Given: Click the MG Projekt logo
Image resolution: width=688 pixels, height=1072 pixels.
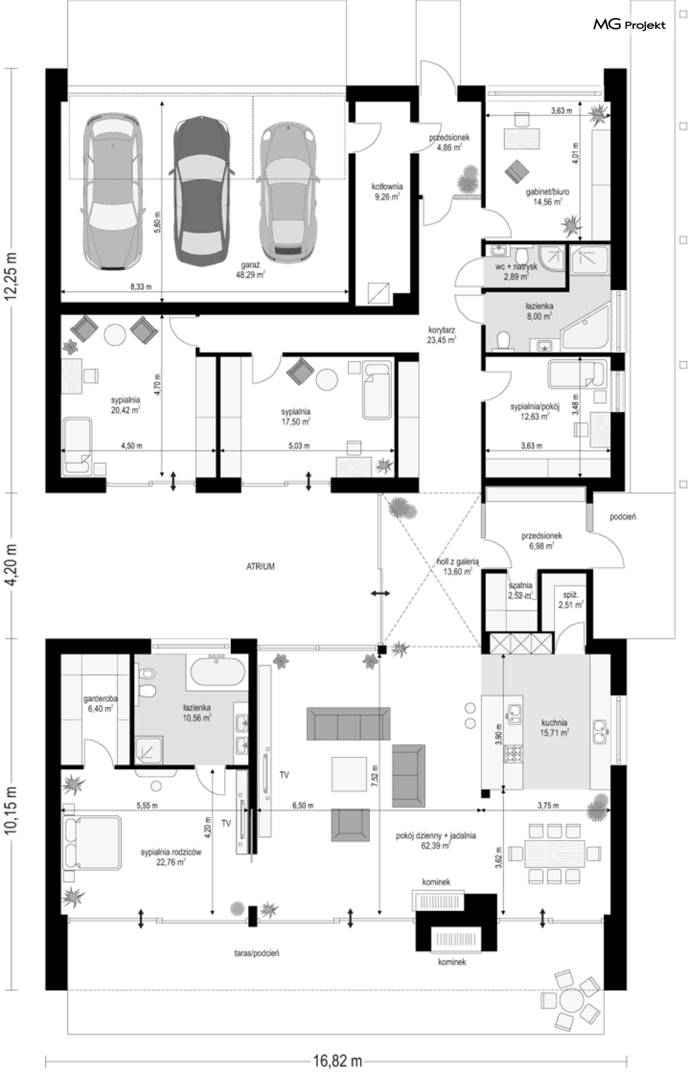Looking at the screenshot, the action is [x=629, y=24].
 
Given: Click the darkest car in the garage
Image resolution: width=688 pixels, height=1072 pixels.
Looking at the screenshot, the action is [x=201, y=190].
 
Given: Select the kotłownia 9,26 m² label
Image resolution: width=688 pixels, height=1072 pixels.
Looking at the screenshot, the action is [x=387, y=191].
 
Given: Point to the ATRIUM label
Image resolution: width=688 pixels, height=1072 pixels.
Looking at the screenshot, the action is [x=261, y=567].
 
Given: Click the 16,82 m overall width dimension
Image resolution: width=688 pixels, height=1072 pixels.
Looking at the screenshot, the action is [x=337, y=1061].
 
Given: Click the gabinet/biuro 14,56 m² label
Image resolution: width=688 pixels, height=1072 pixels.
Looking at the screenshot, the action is [x=547, y=197].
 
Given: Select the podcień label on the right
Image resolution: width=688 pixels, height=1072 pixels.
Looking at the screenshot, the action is [x=623, y=517].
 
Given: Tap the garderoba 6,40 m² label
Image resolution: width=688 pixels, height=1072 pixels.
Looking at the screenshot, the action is [x=100, y=704].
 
